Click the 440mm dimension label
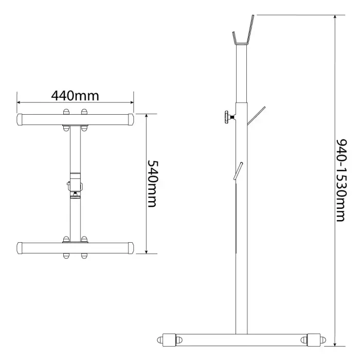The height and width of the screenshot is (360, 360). pyautogui.click(x=75, y=96)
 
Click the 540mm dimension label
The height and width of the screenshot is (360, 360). pyautogui.click(x=152, y=184)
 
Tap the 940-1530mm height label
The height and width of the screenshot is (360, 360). pyautogui.click(x=341, y=180)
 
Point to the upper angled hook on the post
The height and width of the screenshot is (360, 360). pyautogui.click(x=256, y=116)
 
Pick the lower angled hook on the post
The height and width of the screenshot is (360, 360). pyautogui.click(x=238, y=171)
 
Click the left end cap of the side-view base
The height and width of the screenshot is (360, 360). pyautogui.click(x=169, y=340)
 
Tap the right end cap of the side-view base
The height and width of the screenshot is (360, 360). pyautogui.click(x=314, y=340)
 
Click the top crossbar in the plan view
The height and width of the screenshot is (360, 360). pyautogui.click(x=75, y=119)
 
